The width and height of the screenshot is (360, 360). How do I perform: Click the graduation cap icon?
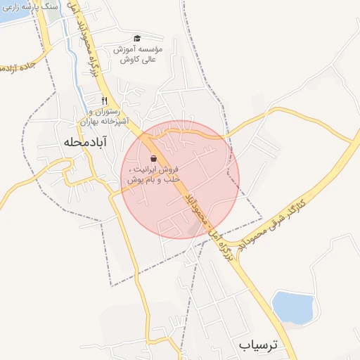(137, 38)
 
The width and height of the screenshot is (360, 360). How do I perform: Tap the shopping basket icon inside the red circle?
(154, 158)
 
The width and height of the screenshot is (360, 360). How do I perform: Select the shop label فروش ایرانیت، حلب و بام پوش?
(153, 174)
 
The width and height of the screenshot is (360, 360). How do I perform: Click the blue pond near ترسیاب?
(292, 307)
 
